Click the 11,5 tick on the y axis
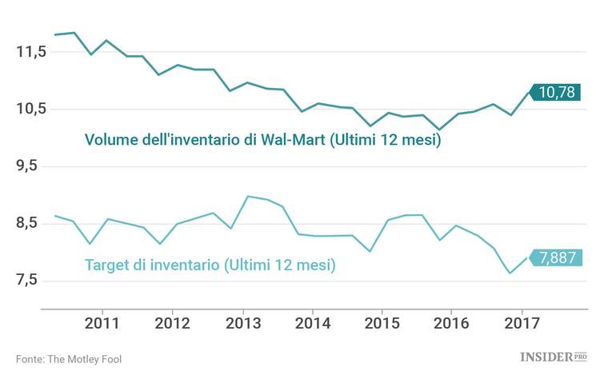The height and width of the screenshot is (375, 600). click(x=31, y=52)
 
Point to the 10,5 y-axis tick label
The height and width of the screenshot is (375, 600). click(x=31, y=110)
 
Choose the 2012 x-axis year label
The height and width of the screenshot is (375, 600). click(x=172, y=324)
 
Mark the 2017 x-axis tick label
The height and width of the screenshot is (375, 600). click(x=522, y=324)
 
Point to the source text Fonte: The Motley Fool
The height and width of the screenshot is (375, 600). click(x=69, y=359)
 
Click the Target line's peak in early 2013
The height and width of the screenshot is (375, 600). click(x=248, y=196)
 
